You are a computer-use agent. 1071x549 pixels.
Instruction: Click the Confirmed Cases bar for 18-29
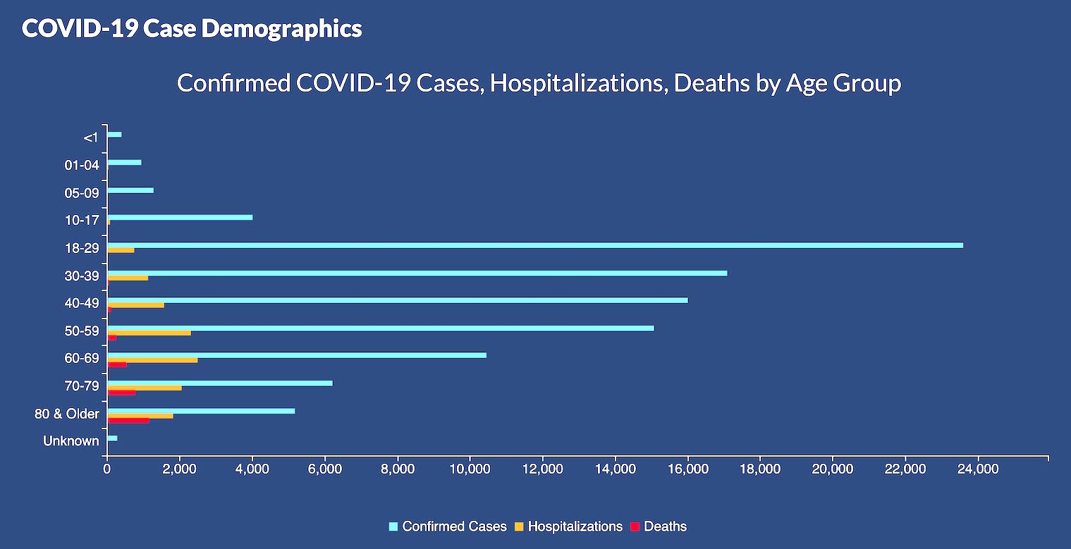[x=536, y=245]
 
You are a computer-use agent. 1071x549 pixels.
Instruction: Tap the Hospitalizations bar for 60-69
[x=153, y=360]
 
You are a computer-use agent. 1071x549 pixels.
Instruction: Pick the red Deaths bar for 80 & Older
[x=128, y=421]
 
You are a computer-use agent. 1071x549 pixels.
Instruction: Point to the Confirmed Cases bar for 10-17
[x=180, y=217]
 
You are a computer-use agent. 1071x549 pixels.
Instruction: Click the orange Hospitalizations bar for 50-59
[x=149, y=333]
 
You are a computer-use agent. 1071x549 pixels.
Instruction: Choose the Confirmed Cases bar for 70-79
[x=220, y=383]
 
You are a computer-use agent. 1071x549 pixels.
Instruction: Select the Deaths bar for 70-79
[x=121, y=393]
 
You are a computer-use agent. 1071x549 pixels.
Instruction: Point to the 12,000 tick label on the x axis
[x=543, y=469]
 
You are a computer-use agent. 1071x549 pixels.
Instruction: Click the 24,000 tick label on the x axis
[x=978, y=469]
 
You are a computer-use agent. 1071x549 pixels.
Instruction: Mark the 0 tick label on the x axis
[x=107, y=469]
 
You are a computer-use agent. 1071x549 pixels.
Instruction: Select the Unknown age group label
[x=71, y=441]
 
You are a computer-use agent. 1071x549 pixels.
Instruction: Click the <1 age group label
[x=91, y=137]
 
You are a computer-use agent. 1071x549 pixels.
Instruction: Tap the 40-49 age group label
[x=82, y=303]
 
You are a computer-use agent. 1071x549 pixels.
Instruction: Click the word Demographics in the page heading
[x=281, y=28]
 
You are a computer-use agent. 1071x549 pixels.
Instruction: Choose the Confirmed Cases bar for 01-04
[x=125, y=162]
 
